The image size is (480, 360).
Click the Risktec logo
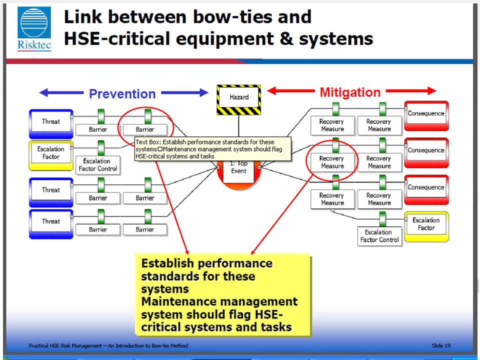pyautogui.click(x=34, y=28)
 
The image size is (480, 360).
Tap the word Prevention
pyautogui.click(x=122, y=93)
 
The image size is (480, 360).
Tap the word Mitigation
pyautogui.click(x=350, y=92)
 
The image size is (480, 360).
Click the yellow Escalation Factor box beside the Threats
pyautogui.click(x=51, y=155)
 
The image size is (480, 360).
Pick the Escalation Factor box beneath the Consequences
pyautogui.click(x=426, y=227)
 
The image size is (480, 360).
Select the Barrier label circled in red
pyautogui.click(x=145, y=129)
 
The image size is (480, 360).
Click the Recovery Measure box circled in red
pyautogui.click(x=332, y=162)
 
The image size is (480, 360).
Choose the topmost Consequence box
pyautogui.click(x=426, y=115)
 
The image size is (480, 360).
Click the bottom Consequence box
pyautogui.click(x=426, y=190)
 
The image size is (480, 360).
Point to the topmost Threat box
pyautogui.click(x=51, y=124)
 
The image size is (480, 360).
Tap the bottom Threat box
pyautogui.click(x=51, y=224)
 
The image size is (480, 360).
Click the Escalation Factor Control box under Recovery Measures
pyautogui.click(x=379, y=236)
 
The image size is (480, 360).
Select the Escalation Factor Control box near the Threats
pyautogui.click(x=98, y=165)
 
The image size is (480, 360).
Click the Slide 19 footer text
pyautogui.click(x=441, y=345)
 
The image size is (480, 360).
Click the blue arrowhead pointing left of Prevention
pyautogui.click(x=43, y=92)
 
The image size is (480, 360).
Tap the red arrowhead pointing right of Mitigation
pyautogui.click(x=432, y=90)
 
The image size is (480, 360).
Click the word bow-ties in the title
pyautogui.click(x=233, y=16)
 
